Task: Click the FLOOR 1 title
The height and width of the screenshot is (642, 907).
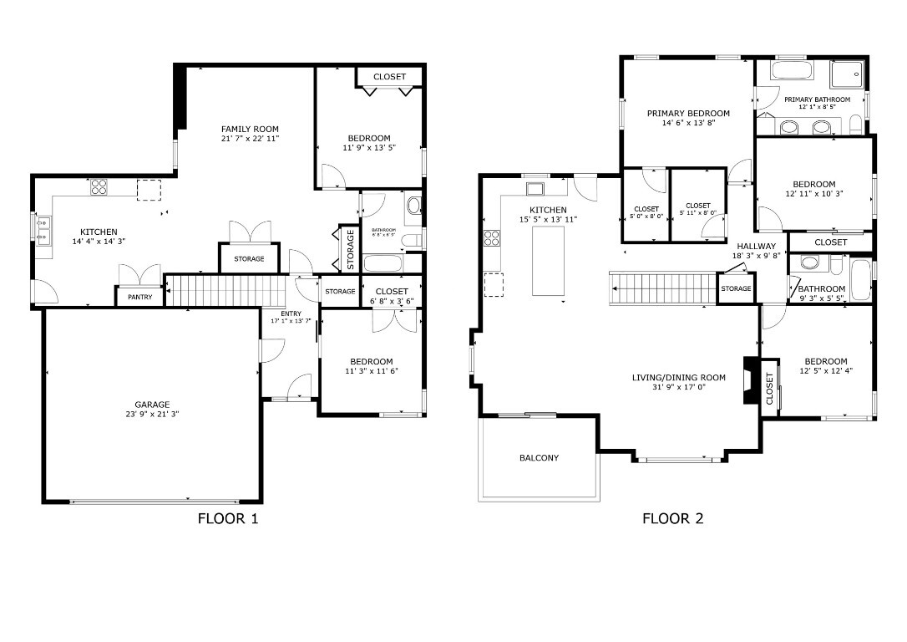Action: click(227, 518)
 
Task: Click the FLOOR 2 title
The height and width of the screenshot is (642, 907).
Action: click(672, 518)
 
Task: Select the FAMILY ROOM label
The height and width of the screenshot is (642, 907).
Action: click(250, 129)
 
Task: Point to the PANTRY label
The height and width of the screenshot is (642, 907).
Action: click(139, 297)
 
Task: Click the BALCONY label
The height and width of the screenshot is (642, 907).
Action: click(539, 458)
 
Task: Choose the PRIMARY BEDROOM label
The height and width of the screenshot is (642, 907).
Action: click(688, 113)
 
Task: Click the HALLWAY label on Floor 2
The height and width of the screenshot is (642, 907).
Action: click(756, 247)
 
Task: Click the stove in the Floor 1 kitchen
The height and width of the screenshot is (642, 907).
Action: click(99, 187)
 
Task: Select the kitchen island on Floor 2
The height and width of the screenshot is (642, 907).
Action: click(548, 260)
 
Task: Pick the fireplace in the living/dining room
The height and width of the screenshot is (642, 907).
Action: click(751, 381)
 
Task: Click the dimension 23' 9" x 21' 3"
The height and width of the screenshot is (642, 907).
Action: click(152, 414)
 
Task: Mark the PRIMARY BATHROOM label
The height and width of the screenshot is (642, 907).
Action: click(817, 99)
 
